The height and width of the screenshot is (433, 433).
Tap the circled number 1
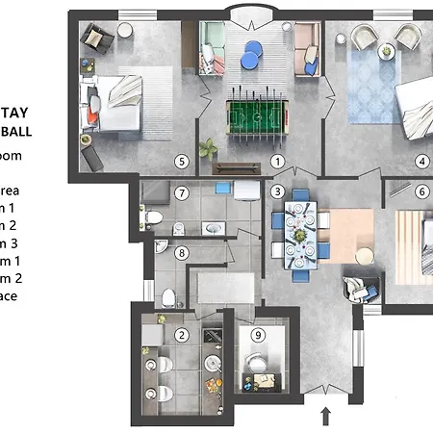277,162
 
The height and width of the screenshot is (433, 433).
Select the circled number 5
180,161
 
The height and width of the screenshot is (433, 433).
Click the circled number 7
180,193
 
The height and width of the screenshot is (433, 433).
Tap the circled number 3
277,191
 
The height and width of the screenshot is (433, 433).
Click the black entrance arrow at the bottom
325,416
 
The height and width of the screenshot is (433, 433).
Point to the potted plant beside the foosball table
209,150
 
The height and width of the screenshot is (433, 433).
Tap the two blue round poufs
252,54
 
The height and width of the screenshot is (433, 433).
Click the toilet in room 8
168,295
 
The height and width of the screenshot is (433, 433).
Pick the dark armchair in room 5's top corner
96,38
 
